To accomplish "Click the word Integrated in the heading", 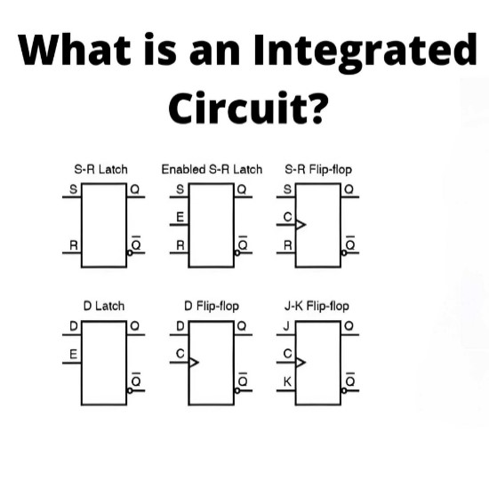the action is point(365,52).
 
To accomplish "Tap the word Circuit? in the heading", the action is point(249,108).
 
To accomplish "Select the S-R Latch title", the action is point(100,170).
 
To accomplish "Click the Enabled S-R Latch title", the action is point(212,170).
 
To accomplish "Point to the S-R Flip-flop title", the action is point(318,170).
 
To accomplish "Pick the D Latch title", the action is point(104,306).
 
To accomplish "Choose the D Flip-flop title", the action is point(212,307).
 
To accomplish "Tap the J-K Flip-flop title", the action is point(317,307).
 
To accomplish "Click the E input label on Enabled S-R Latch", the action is point(180,217).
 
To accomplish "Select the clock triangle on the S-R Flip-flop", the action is point(301,225).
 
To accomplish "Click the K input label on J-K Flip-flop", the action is point(287,381).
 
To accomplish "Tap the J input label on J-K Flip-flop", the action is point(286,326).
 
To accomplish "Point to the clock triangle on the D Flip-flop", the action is point(194,363).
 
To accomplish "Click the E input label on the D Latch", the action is point(73,354).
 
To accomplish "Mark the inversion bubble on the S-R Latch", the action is point(130,253).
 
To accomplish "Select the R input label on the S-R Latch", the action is point(73,245).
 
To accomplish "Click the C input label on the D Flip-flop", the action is point(180,354).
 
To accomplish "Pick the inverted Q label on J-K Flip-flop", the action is point(350,380).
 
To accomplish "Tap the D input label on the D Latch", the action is point(73,326).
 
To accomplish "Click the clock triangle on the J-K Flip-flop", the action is point(301,363).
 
